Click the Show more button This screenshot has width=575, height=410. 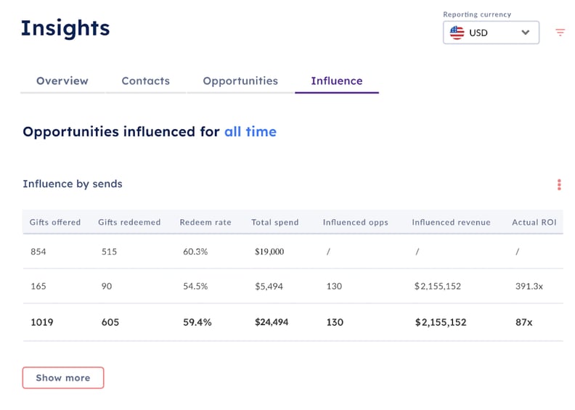pyautogui.click(x=63, y=377)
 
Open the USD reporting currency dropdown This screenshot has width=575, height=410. pyautogui.click(x=491, y=33)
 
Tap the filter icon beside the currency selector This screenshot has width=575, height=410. pyautogui.click(x=560, y=33)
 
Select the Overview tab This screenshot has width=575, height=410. pyautogui.click(x=62, y=81)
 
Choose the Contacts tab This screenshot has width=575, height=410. pyautogui.click(x=145, y=81)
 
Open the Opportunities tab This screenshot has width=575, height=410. pyautogui.click(x=240, y=81)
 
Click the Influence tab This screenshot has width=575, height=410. pyautogui.click(x=337, y=81)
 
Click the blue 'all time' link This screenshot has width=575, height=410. pyautogui.click(x=250, y=132)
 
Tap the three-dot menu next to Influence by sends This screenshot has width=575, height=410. pyautogui.click(x=559, y=184)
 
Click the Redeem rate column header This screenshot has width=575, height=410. pyautogui.click(x=205, y=222)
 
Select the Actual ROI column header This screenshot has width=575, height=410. pyautogui.click(x=534, y=222)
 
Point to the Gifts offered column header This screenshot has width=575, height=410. pyautogui.click(x=55, y=222)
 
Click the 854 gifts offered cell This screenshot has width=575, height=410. pyautogui.click(x=38, y=251)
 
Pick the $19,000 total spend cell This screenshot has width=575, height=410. pyautogui.click(x=269, y=251)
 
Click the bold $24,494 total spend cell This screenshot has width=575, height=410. pyautogui.click(x=272, y=322)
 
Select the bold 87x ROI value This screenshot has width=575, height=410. pyautogui.click(x=524, y=322)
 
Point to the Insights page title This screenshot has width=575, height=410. pyautogui.click(x=65, y=28)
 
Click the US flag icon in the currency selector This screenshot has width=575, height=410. pyautogui.click(x=457, y=33)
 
